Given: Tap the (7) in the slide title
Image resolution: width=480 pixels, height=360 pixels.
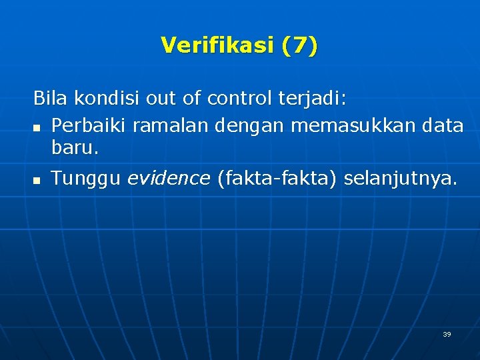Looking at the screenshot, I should click(x=299, y=45).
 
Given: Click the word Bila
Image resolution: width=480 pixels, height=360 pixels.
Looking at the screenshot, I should click(x=51, y=99).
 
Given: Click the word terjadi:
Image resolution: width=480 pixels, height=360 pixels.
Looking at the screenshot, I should click(x=310, y=99).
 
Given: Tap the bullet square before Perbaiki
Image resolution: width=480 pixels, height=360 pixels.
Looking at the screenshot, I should click(x=37, y=127).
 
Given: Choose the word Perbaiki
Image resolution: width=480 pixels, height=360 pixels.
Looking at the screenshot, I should click(x=89, y=125).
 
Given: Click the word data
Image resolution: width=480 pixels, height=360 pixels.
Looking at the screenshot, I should click(x=443, y=125).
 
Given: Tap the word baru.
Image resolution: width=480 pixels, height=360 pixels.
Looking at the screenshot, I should click(x=75, y=149).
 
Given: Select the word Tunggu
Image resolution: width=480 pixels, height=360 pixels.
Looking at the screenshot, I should click(x=86, y=179).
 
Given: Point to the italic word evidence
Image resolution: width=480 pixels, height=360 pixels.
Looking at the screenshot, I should click(x=168, y=178).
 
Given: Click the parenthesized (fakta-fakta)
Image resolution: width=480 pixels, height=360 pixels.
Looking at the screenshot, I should click(x=277, y=178).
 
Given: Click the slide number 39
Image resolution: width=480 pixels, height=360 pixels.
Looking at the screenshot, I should click(x=447, y=334).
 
